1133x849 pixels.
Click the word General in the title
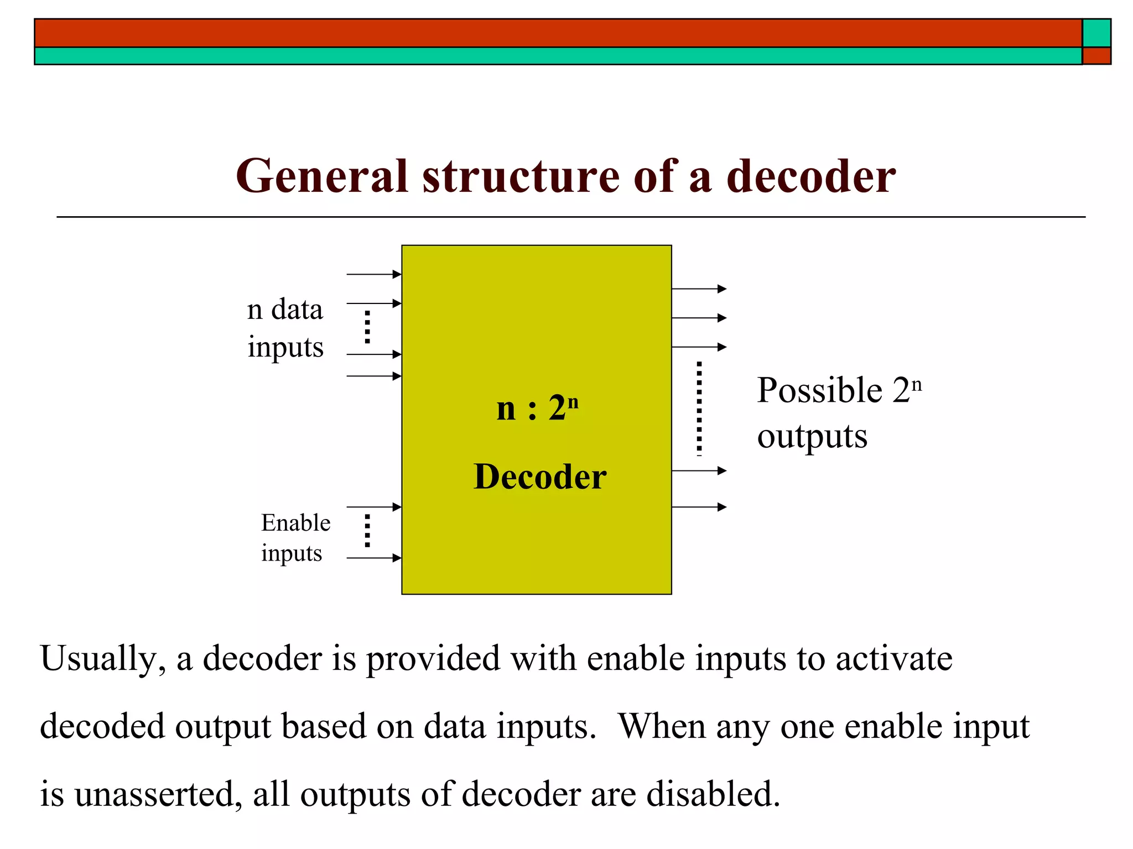321,176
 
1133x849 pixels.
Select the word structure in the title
521,176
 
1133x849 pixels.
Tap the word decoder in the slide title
810,176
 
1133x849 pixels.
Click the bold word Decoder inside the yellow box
540,476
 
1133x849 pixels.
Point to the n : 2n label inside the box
537,408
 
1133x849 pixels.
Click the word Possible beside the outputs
819,390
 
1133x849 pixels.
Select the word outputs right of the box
812,437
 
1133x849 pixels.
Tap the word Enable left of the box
295,523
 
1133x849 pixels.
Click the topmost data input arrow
373,274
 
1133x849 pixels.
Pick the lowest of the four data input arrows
373,376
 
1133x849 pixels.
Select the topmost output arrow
698,289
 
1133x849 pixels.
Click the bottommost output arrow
698,507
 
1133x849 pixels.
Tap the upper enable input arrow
373,507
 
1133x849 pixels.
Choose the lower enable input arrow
373,558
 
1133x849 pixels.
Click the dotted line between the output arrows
699,408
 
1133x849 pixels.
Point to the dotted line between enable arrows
367,531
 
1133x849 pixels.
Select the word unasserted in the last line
158,795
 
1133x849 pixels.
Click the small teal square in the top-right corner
1096,33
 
